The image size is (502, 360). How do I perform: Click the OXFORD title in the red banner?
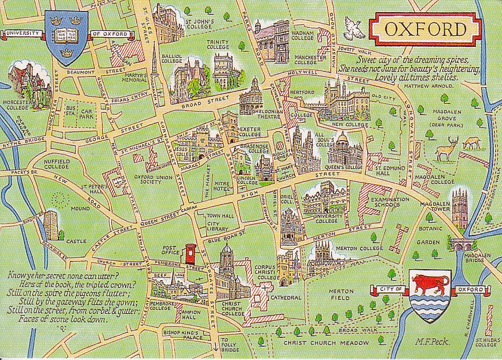coord(426,29)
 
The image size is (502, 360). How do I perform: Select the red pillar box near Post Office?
coord(189,254)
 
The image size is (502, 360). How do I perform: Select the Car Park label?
coord(87,112)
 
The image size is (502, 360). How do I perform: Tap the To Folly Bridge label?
coord(229,346)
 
